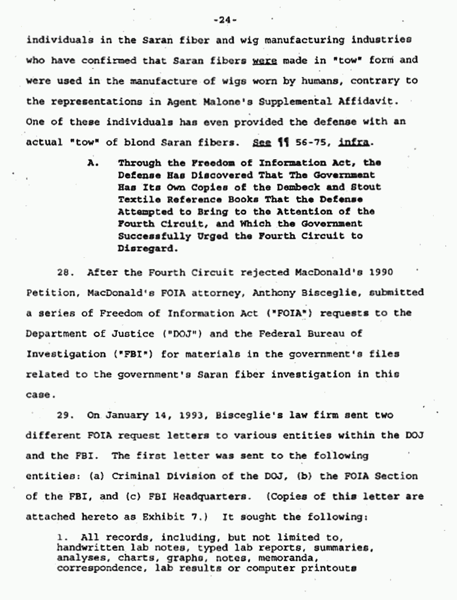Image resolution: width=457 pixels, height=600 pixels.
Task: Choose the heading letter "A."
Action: click(93, 163)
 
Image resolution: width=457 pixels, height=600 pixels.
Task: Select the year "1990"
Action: click(382, 272)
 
